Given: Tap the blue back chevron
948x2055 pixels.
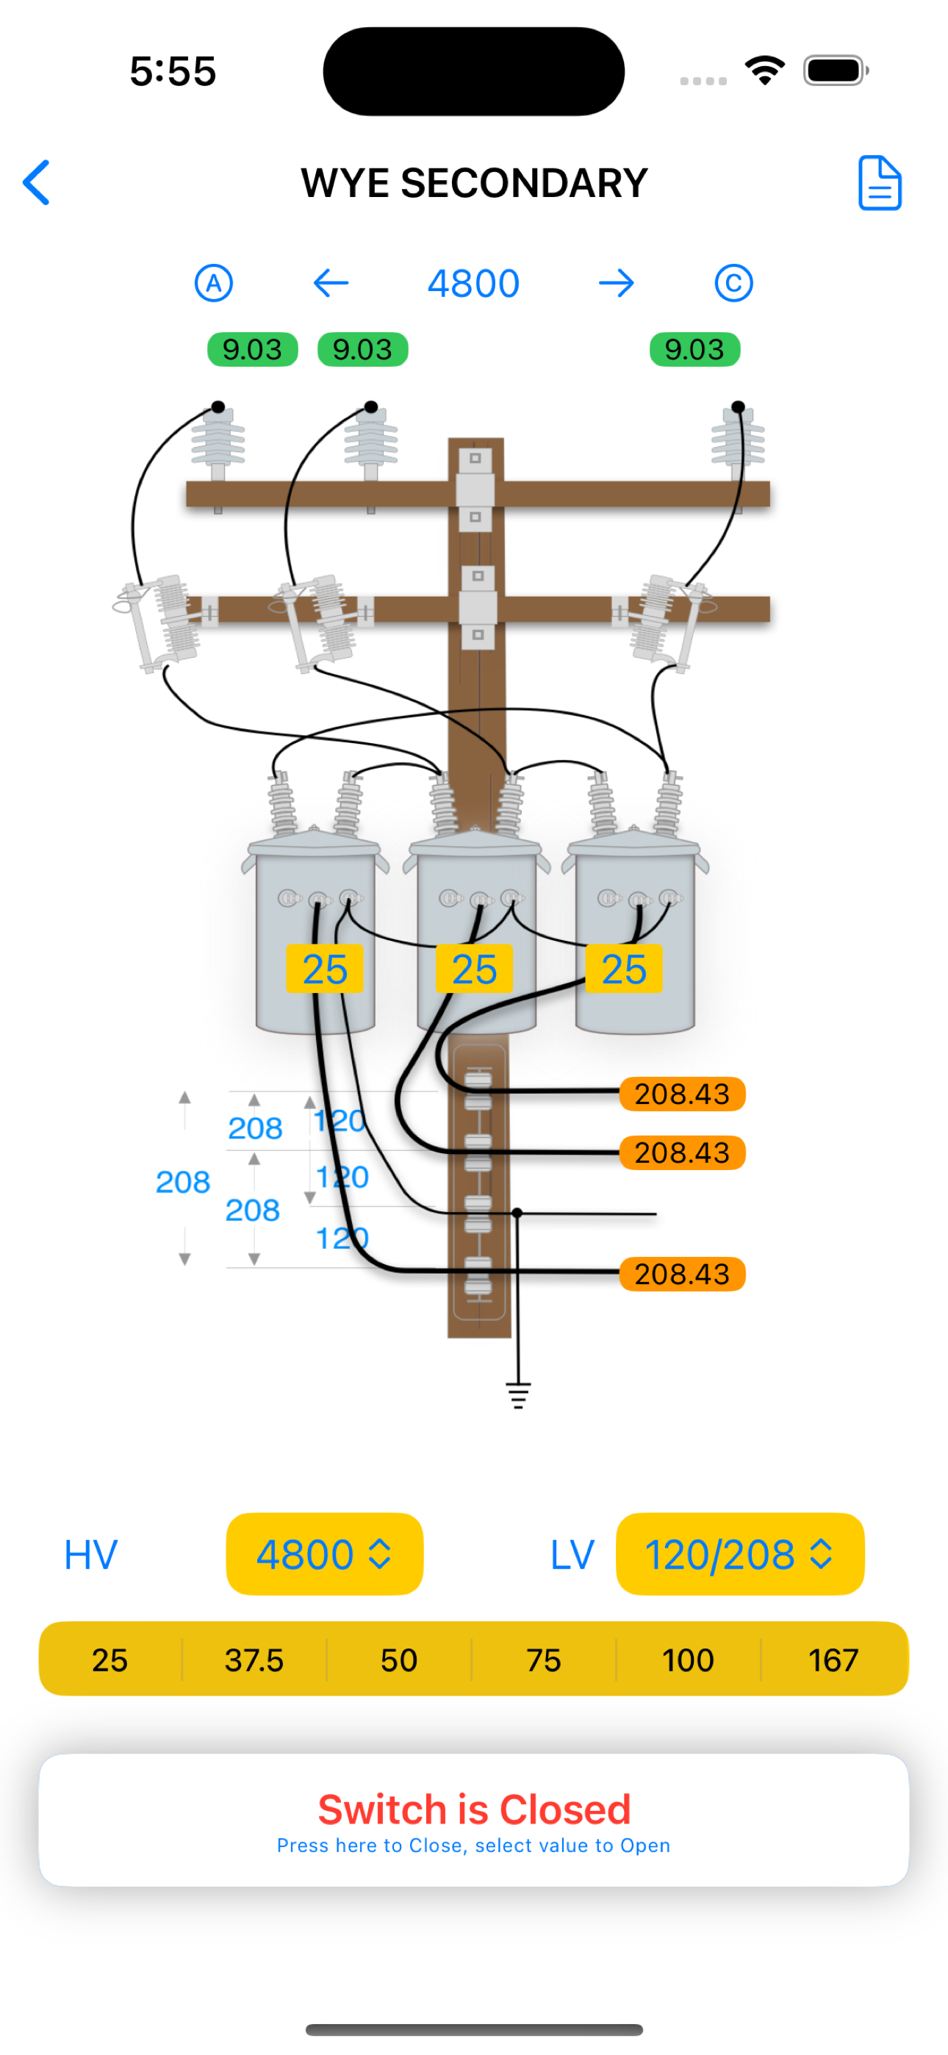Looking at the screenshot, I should click(37, 183).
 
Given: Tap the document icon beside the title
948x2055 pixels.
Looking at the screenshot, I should click(880, 183).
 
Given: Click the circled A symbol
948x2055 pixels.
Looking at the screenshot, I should click(214, 283).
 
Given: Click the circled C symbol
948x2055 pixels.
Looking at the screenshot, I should click(733, 283).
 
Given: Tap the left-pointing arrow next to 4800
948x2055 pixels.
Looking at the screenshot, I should click(331, 283).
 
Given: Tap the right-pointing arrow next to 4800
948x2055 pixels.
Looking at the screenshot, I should click(616, 283).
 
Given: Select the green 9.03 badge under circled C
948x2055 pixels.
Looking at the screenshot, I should click(694, 349).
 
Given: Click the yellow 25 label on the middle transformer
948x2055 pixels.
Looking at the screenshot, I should click(474, 969).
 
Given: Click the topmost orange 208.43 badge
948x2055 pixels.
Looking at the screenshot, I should click(682, 1094).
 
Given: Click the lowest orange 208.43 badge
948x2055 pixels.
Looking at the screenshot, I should click(682, 1274).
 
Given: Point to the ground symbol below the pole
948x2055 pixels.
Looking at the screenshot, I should click(518, 1395).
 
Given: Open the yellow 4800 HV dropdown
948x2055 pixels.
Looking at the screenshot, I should click(324, 1554).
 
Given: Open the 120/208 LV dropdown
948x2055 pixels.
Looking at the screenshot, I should click(740, 1554).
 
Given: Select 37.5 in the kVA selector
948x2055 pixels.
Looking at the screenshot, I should click(254, 1660).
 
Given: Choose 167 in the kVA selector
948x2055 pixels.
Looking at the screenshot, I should click(833, 1660).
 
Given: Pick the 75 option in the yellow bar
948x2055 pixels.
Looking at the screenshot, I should click(543, 1660).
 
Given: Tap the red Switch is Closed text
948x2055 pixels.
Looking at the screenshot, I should click(474, 1809).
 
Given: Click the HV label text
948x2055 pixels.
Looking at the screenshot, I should click(91, 1554).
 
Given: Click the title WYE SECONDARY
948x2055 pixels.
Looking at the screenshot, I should click(474, 184).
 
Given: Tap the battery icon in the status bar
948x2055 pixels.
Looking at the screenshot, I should click(835, 71).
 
